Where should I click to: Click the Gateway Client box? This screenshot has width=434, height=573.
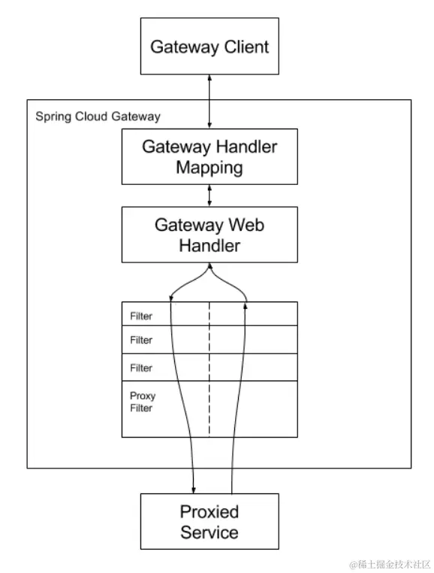pyautogui.click(x=209, y=45)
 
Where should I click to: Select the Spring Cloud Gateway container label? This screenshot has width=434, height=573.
pyautogui.click(x=98, y=117)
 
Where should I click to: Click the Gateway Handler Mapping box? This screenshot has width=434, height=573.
pyautogui.click(x=209, y=156)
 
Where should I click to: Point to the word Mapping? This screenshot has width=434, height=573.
pyautogui.click(x=209, y=167)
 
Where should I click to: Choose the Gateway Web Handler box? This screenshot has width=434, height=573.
pyautogui.click(x=209, y=235)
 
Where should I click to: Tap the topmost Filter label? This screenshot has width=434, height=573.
pyautogui.click(x=141, y=316)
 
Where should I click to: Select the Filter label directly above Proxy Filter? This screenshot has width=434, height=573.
pyautogui.click(x=141, y=368)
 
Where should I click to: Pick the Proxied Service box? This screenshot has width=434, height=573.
pyautogui.click(x=209, y=522)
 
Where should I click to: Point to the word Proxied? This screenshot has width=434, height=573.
pyautogui.click(x=209, y=512)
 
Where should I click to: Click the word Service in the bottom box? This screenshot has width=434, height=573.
pyautogui.click(x=209, y=533)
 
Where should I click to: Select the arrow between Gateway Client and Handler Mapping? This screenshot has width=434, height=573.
pyautogui.click(x=209, y=101)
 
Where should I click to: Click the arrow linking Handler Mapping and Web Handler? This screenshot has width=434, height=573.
pyautogui.click(x=209, y=196)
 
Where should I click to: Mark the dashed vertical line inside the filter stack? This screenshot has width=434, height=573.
pyautogui.click(x=209, y=368)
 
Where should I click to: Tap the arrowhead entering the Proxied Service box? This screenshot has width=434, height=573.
pyautogui.click(x=194, y=490)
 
